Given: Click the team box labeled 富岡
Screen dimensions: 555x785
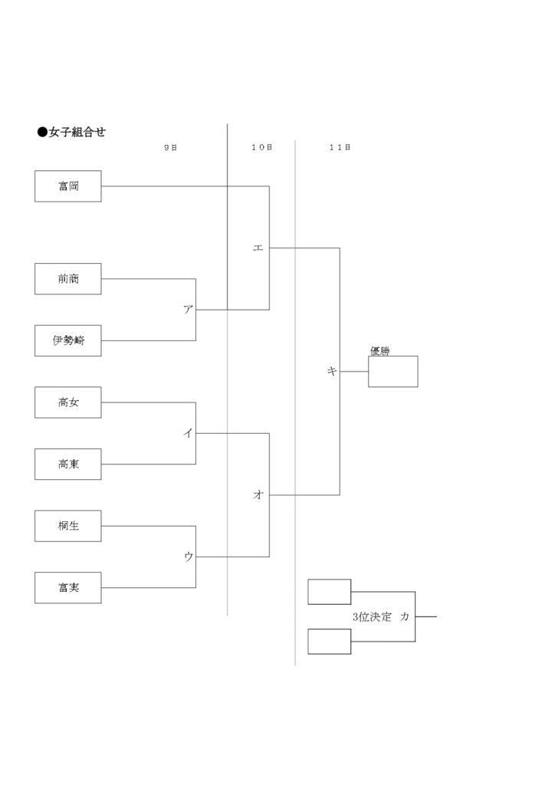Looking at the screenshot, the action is pos(68,186).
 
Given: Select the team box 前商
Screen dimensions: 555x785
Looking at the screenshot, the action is pos(68,279).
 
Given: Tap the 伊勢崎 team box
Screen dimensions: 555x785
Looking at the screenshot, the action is pos(68,340).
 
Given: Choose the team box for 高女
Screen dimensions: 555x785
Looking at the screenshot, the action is pos(68,402).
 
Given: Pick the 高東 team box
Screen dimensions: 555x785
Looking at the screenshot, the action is pos(68,464).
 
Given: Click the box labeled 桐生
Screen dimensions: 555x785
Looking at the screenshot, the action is pos(68,526).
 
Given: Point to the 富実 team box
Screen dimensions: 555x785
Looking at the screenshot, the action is pos(68,588).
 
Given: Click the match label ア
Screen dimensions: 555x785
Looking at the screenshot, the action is pos(188,310).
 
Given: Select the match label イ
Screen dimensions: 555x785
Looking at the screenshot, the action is pos(188,433).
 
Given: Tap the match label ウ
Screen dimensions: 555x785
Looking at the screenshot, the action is pos(188,557).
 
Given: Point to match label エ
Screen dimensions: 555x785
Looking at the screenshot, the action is pos(258,248).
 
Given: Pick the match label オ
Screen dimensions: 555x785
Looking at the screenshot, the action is pos(258,494).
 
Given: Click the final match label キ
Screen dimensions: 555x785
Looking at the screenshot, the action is pos(332,372).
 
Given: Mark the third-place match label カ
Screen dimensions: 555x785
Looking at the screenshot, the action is pos(404,617).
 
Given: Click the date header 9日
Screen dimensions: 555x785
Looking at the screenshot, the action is pos(171,148).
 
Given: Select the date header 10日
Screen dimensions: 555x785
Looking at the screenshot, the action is pos(261,148).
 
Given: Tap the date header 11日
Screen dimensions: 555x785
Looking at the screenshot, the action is pos(340,148).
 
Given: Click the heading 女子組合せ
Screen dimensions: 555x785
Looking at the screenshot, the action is pos(77,132).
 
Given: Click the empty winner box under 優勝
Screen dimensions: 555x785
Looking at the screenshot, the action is pos(392,372).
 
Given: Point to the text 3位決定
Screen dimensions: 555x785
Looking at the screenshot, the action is pos(372,617).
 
